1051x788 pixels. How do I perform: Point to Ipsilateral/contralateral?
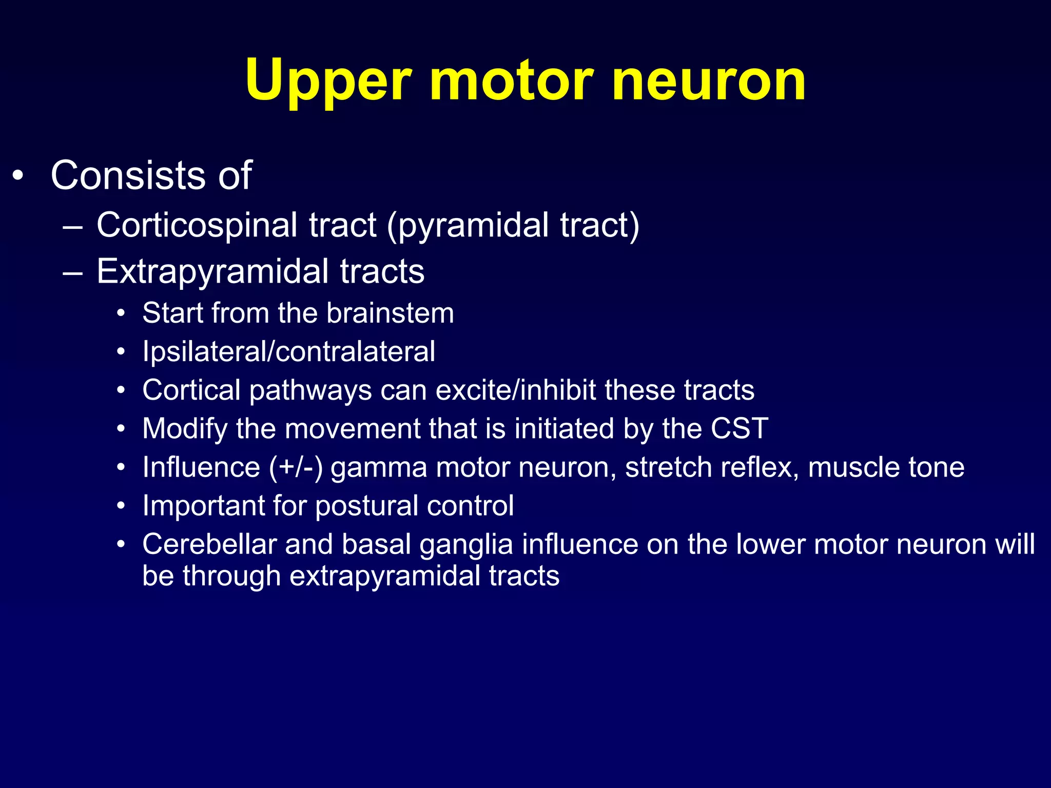[289, 352]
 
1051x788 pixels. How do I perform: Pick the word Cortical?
[191, 390]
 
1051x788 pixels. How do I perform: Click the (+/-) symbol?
[296, 468]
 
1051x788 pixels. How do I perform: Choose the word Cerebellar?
[209, 544]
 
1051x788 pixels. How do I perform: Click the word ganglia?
[466, 545]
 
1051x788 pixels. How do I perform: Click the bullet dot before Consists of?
[18, 176]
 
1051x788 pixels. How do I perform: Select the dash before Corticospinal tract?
[72, 226]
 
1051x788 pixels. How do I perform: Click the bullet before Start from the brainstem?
[121, 313]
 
